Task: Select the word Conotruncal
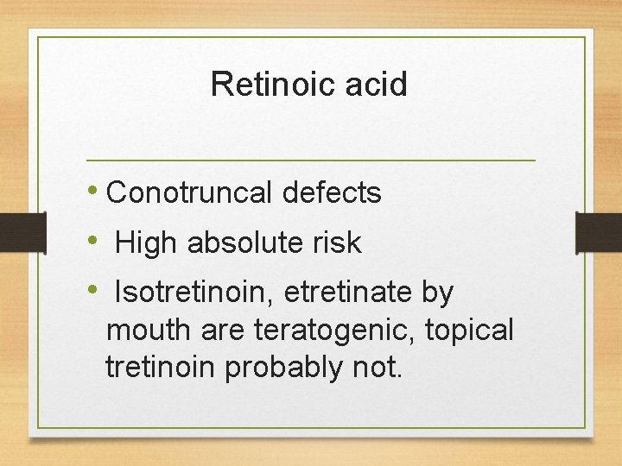(191, 193)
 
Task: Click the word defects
(333, 193)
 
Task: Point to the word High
(147, 243)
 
